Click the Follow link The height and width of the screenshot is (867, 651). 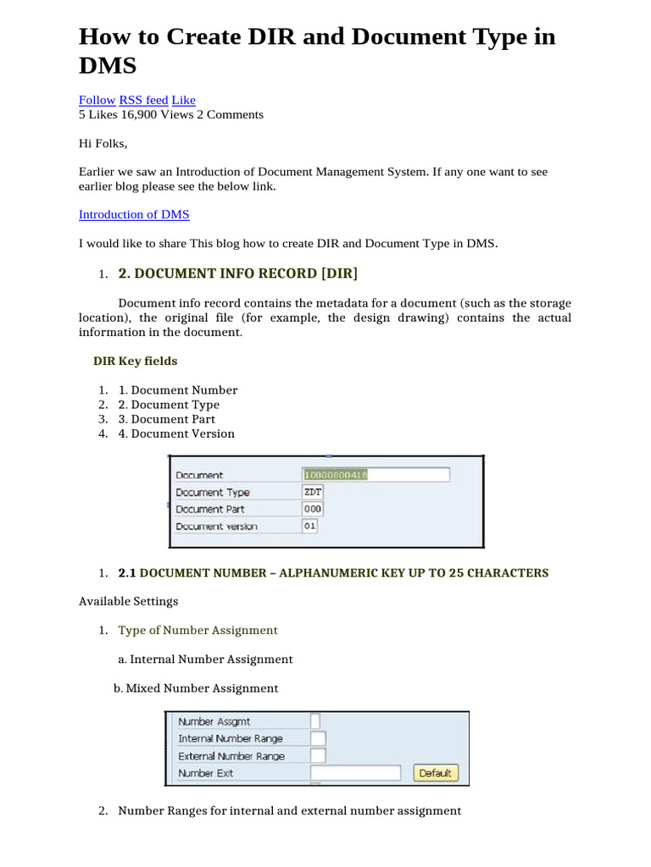97,100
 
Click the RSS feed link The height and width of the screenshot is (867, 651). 143,100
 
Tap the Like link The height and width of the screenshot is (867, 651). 183,100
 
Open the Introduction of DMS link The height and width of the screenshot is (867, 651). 134,214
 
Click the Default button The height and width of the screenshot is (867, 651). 436,773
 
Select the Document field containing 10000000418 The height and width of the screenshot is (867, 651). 376,475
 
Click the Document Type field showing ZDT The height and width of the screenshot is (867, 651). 312,492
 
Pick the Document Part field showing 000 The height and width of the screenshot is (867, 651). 312,509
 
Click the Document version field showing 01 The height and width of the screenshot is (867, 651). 310,526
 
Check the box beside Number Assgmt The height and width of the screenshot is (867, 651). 315,721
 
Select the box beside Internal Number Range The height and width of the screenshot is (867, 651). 318,738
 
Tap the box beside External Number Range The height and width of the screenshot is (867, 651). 318,755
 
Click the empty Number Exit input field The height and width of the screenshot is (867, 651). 355,773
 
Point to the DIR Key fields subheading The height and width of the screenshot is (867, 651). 135,361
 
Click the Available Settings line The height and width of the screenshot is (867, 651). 128,601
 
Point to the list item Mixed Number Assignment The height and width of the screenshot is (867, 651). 196,688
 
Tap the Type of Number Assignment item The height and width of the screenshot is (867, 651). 198,630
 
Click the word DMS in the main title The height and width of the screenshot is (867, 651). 108,66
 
